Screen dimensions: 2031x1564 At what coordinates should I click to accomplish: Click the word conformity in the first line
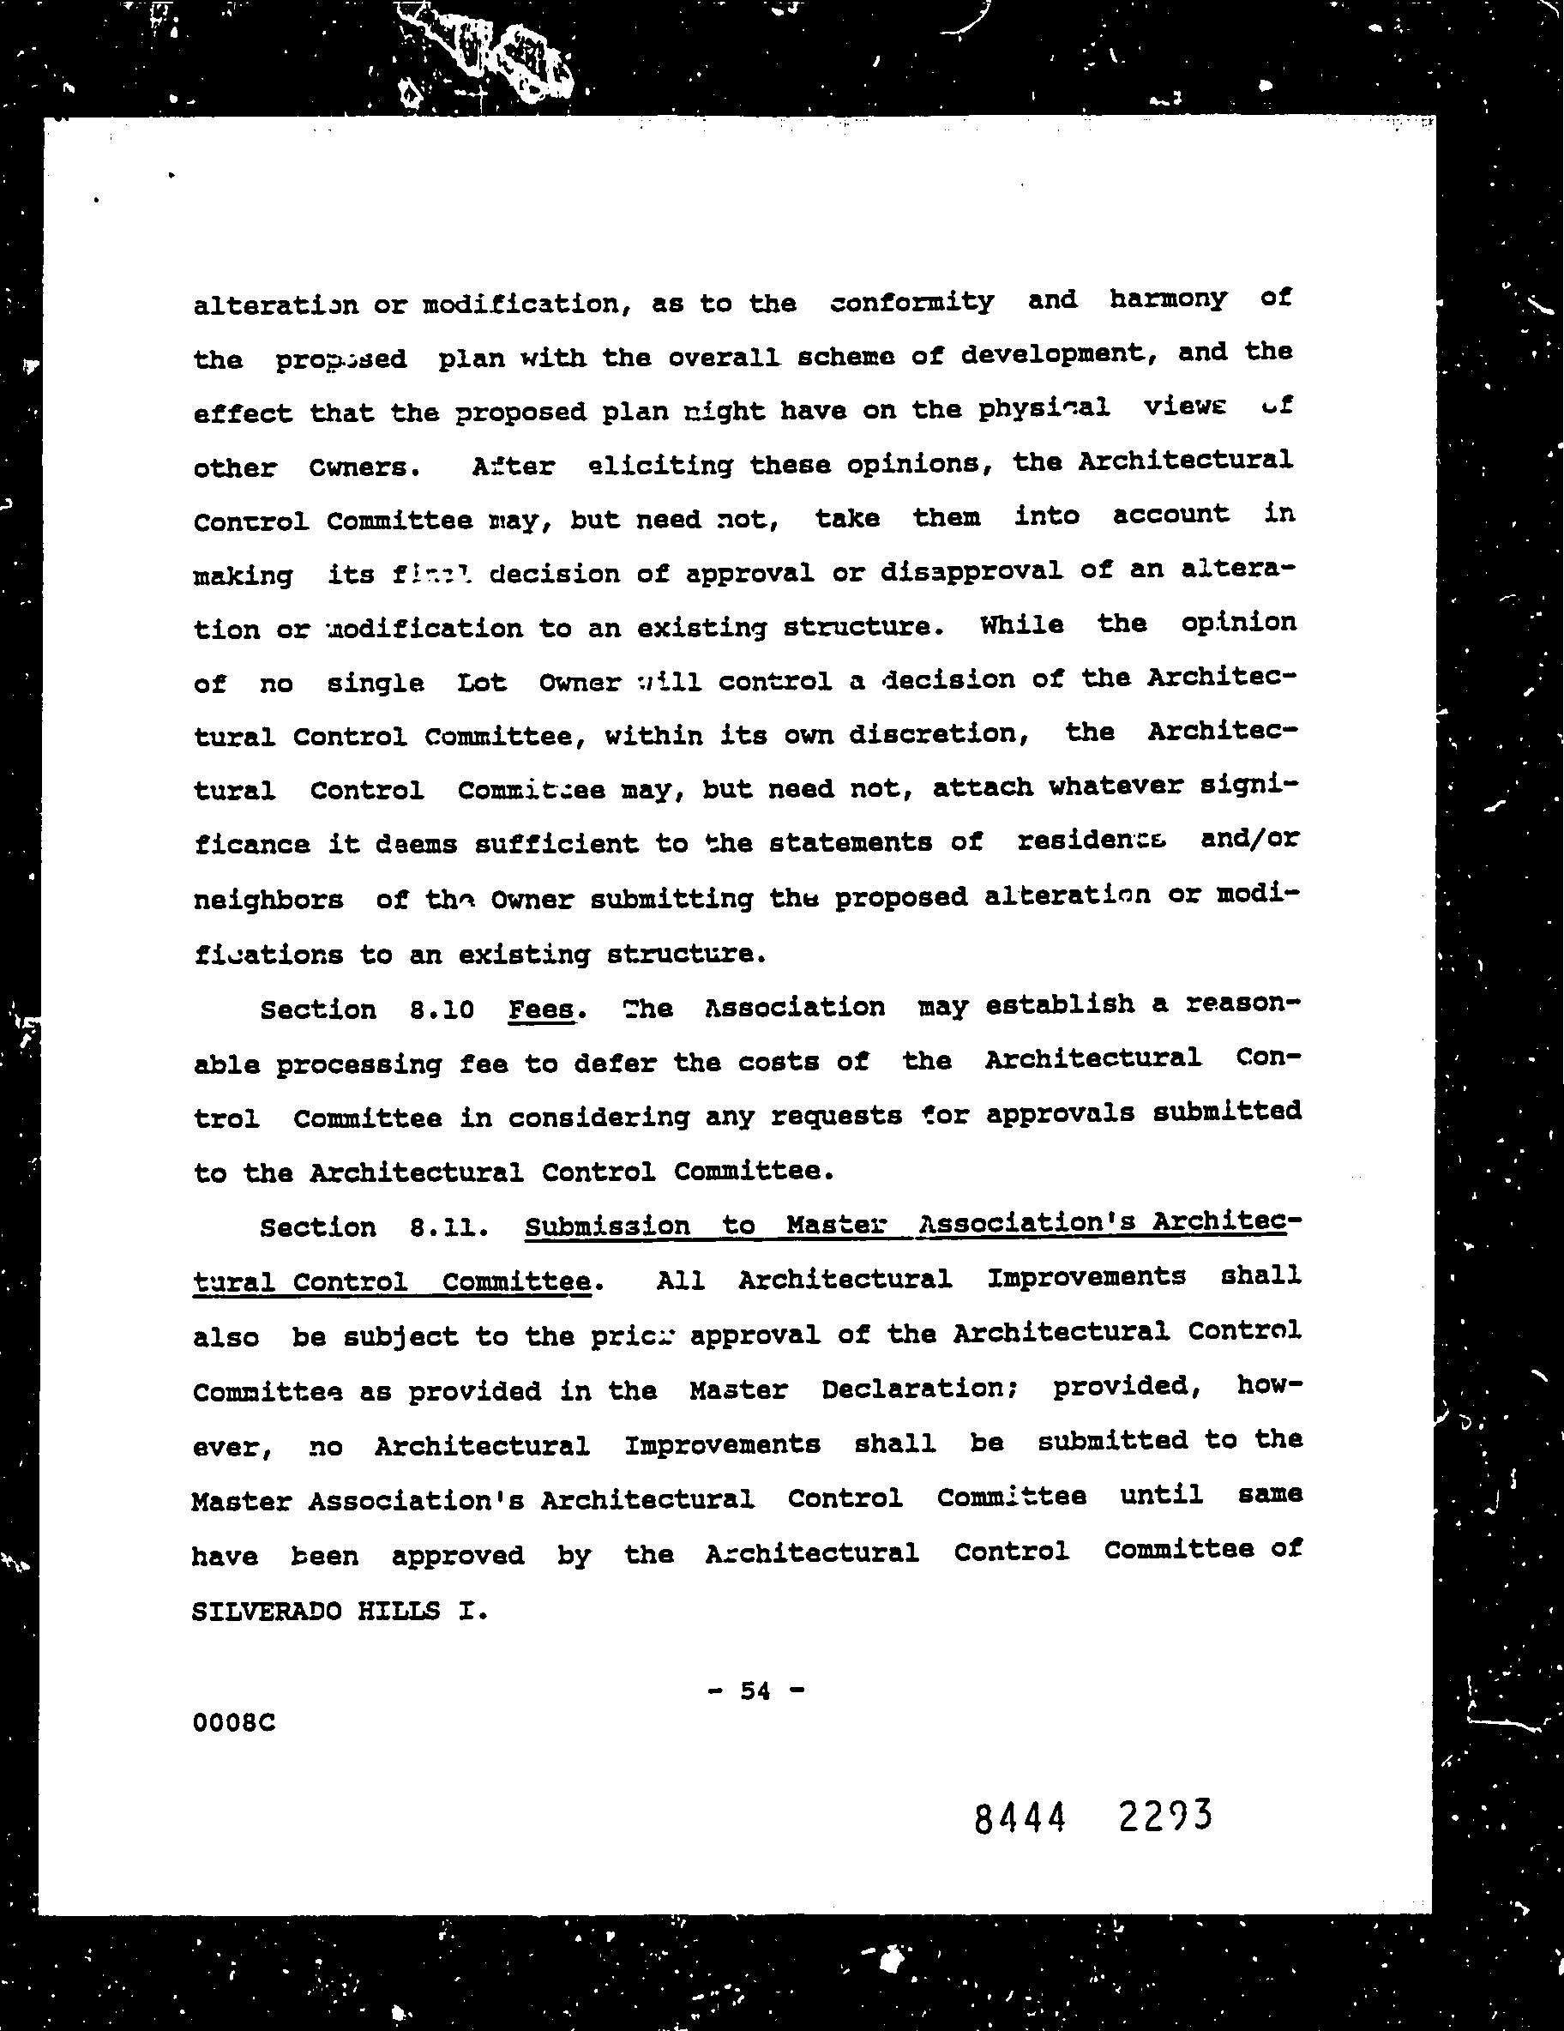(x=911, y=302)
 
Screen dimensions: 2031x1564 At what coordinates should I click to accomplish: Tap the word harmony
(x=1168, y=299)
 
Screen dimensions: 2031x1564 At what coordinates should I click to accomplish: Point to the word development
(x=1051, y=354)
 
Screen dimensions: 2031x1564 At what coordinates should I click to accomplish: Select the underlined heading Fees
(x=541, y=1009)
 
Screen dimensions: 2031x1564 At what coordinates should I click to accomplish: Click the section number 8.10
(x=442, y=1009)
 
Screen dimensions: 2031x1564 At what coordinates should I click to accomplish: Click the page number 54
(x=755, y=1690)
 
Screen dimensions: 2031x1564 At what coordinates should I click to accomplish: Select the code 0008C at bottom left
(x=233, y=1722)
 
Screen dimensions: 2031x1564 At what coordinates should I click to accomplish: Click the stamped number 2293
(x=1166, y=1814)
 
